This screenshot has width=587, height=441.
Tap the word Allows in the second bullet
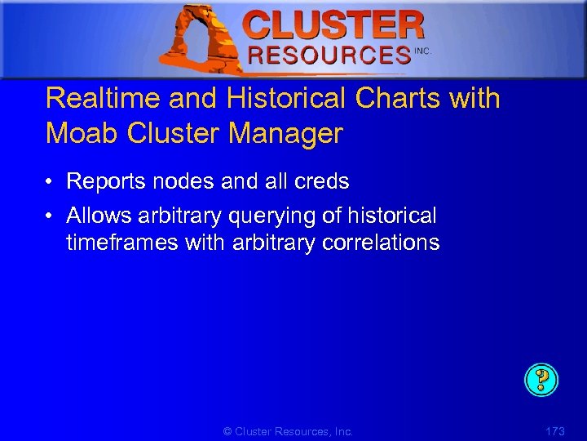99,216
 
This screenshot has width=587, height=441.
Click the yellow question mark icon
541,380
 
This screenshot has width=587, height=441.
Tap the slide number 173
554,431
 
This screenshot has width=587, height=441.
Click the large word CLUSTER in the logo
333,25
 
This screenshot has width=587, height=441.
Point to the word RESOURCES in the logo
329,55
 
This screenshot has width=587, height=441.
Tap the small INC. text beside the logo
422,51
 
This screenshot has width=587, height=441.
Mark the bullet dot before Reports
51,182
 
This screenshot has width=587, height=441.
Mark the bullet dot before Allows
51,216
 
